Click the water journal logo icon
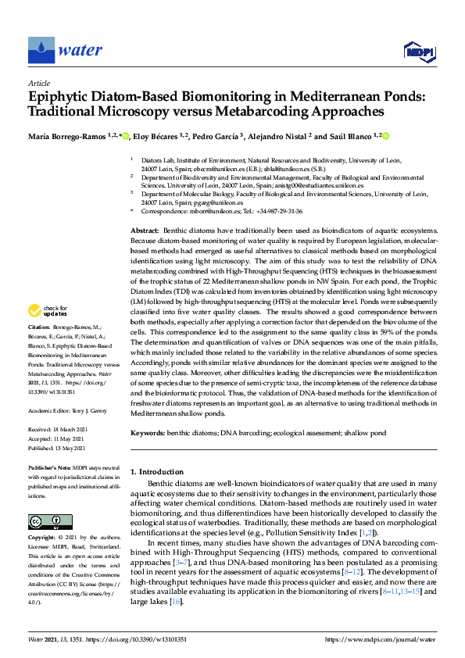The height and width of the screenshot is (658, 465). (41, 50)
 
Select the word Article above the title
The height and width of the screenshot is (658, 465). (38, 83)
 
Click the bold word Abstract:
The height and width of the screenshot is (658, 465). (144, 232)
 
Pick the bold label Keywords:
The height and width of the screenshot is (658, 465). (147, 432)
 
